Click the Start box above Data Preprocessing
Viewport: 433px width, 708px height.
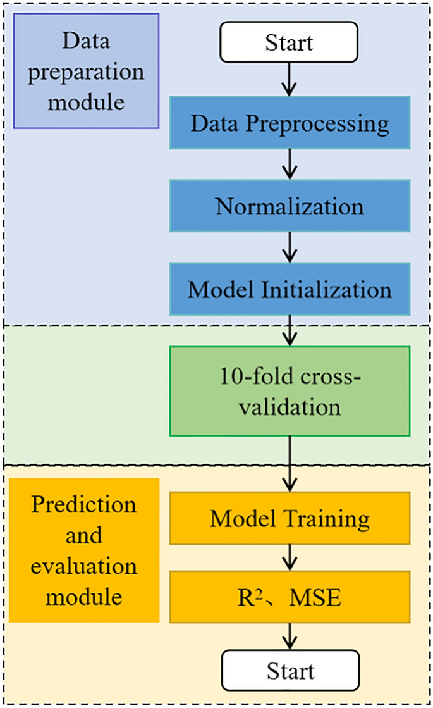point(289,44)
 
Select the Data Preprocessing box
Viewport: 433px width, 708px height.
point(290,124)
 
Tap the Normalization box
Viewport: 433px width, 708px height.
point(290,207)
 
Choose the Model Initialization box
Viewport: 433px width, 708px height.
point(290,290)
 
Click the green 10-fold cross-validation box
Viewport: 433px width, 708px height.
point(290,390)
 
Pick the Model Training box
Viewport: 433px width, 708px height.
point(290,519)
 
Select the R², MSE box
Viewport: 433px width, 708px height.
point(290,597)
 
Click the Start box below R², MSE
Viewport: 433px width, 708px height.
point(289,669)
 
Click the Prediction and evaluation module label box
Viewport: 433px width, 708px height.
point(83,550)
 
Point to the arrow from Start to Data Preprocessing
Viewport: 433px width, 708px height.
point(290,78)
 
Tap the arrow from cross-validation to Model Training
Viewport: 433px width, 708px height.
point(290,464)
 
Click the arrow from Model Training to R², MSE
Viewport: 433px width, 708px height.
point(290,557)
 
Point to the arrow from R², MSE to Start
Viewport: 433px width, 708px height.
point(290,635)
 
